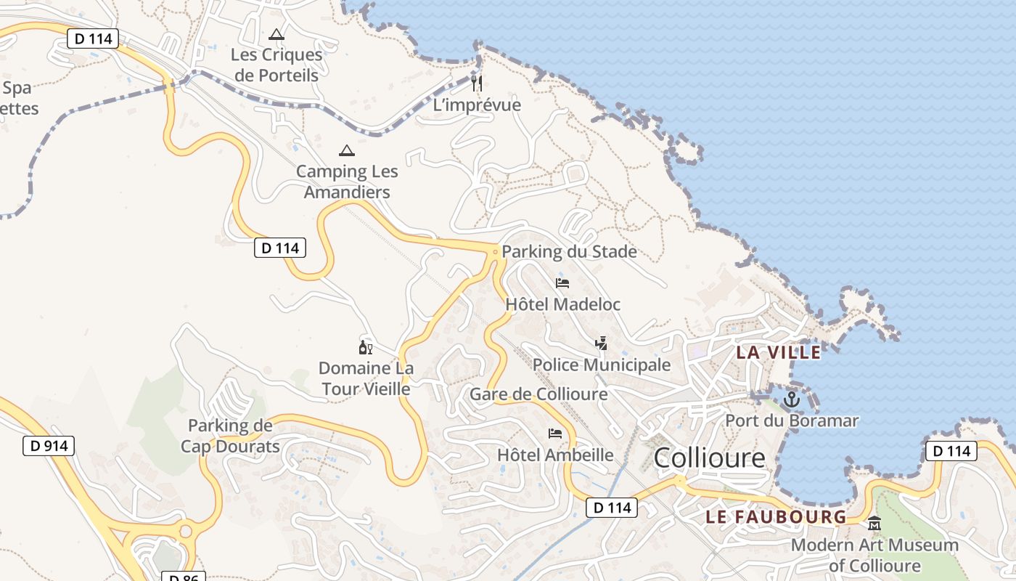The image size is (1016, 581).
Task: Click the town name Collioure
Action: [709, 458]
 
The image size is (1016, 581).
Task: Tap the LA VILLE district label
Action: [779, 353]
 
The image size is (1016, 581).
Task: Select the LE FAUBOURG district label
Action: [776, 517]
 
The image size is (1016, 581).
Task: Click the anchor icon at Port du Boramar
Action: [792, 399]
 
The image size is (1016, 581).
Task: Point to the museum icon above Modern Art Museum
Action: [874, 523]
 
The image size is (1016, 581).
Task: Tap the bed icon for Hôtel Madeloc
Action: [562, 283]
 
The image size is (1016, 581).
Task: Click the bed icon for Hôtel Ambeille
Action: [555, 434]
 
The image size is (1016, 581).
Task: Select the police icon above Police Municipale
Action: [601, 343]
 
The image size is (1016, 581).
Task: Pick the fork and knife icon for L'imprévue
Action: [477, 84]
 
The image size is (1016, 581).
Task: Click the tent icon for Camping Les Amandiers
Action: [347, 151]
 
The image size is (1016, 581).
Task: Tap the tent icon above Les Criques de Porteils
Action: [276, 34]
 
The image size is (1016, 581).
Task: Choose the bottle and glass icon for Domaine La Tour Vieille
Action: [366, 348]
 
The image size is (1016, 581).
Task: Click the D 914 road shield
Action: [49, 446]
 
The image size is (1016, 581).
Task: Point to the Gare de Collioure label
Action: [538, 394]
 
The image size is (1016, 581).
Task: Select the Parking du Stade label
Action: [569, 252]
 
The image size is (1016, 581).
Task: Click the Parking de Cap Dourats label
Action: [230, 436]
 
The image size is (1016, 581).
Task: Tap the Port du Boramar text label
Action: [792, 420]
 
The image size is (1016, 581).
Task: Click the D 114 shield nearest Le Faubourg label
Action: [612, 508]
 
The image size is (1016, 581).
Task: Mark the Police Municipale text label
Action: [602, 365]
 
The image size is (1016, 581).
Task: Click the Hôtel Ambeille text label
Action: [555, 455]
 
